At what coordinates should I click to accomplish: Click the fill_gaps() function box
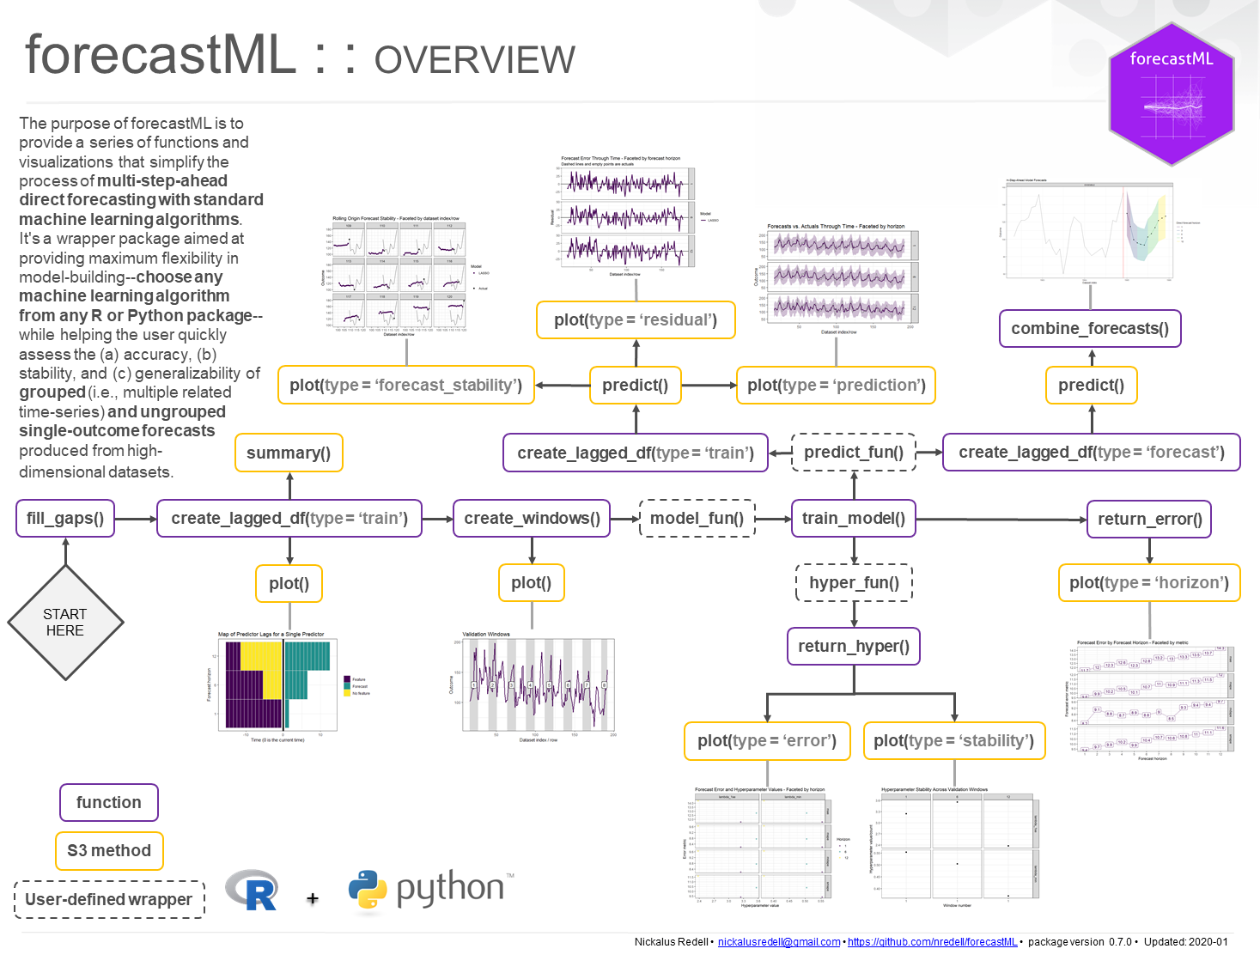pos(65,519)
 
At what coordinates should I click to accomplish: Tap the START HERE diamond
pos(65,623)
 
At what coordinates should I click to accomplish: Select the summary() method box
pos(289,453)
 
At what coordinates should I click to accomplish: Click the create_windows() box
pos(532,519)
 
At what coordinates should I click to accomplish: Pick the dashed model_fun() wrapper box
pos(697,519)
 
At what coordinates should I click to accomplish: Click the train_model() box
pos(854,519)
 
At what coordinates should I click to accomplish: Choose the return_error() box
pos(1149,520)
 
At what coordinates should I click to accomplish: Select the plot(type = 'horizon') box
pos(1149,583)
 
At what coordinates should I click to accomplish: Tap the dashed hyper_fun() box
pos(854,583)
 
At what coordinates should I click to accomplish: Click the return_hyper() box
pos(854,647)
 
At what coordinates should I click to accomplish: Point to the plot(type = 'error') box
pos(767,741)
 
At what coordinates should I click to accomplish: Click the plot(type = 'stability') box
pos(954,741)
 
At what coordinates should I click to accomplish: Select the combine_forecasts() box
pos(1090,329)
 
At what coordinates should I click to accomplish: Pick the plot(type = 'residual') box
pos(636,320)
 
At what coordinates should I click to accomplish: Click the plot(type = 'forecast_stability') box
pos(405,386)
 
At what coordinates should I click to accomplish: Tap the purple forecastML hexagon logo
pos(1172,94)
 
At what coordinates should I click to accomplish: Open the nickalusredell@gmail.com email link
pos(779,942)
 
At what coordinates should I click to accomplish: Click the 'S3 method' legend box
pos(109,851)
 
